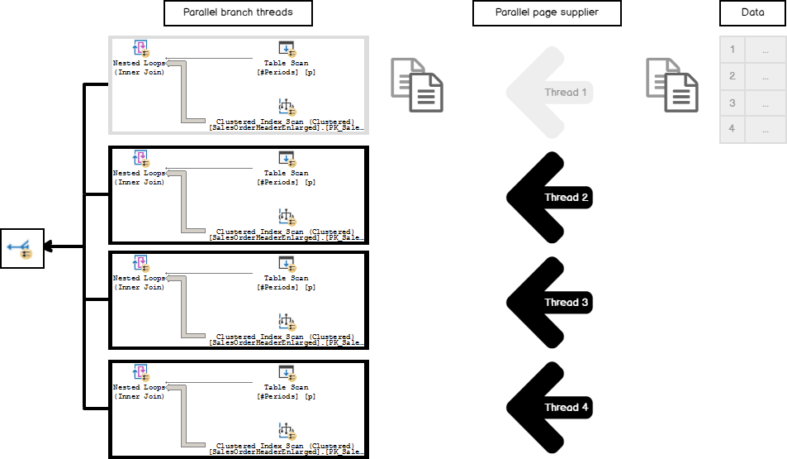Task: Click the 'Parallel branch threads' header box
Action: [x=227, y=12]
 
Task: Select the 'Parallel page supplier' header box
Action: [x=547, y=12]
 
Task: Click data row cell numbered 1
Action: [x=732, y=50]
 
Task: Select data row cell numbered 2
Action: [x=732, y=76]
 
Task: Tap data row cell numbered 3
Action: [x=732, y=103]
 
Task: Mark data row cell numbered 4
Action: [x=732, y=130]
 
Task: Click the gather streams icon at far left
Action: [x=21, y=246]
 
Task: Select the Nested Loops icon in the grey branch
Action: [x=140, y=48]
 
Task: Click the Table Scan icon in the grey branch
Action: [x=286, y=48]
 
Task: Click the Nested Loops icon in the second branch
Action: [x=140, y=158]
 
